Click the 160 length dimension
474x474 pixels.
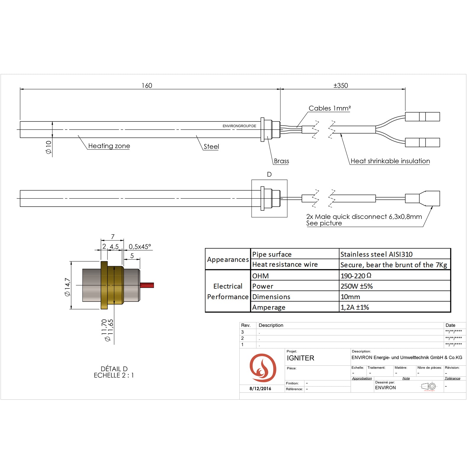point(147,86)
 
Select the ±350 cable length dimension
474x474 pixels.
point(341,86)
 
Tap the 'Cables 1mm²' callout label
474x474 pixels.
point(329,108)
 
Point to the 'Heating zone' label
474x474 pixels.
point(109,146)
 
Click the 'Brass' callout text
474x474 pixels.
point(281,161)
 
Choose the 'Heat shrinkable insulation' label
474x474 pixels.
point(390,161)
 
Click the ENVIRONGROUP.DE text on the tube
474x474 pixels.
point(239,126)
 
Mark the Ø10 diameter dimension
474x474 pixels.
point(49,147)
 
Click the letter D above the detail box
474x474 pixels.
point(269,174)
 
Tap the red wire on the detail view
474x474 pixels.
point(147,285)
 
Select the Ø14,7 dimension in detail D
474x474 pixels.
point(68,287)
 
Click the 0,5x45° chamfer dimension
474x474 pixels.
point(140,247)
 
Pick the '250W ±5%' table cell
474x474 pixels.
point(357,286)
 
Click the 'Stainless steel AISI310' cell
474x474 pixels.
point(376,254)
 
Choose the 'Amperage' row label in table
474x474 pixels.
point(269,308)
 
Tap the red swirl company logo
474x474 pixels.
point(263,368)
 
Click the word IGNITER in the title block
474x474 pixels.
point(300,358)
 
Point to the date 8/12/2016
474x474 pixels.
point(260,389)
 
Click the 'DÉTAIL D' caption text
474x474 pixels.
point(114,369)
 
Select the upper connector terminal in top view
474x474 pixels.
point(422,117)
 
